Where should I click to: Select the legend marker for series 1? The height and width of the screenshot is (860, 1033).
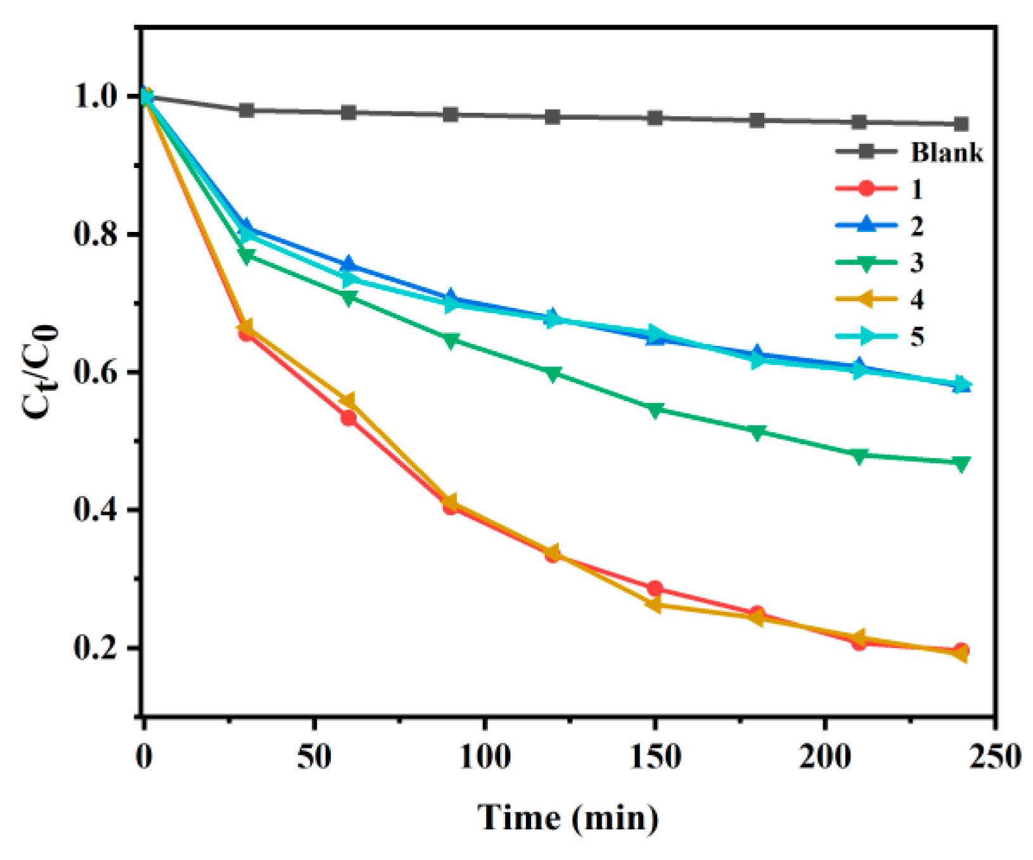click(x=866, y=189)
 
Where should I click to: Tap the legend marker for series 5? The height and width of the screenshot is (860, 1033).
click(x=866, y=337)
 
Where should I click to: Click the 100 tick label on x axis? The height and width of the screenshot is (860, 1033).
click(x=484, y=757)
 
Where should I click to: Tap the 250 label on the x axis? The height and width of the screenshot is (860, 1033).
click(x=995, y=757)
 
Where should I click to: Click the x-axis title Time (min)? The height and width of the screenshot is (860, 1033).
click(x=568, y=818)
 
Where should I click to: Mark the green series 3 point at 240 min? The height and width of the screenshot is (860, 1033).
click(x=961, y=464)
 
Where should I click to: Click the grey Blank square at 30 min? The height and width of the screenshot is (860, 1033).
click(x=247, y=110)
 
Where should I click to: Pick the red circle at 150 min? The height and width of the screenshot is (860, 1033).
click(x=655, y=589)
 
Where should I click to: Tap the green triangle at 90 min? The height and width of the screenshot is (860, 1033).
click(x=451, y=341)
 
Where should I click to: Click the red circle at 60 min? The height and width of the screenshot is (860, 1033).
click(x=349, y=418)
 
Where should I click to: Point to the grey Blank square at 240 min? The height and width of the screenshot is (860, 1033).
click(x=961, y=124)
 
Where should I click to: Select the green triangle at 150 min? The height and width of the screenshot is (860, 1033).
click(x=655, y=410)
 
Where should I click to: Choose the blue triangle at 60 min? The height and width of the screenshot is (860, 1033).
click(x=349, y=264)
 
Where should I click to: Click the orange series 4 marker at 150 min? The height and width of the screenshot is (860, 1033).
click(x=654, y=605)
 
